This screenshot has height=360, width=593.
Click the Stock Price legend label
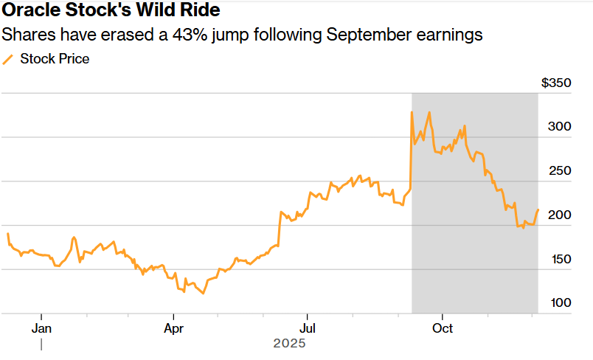click(x=55, y=59)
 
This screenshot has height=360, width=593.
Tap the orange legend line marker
click(x=8, y=59)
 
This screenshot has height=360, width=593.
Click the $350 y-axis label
click(x=556, y=83)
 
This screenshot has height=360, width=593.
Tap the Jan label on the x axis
click(x=42, y=328)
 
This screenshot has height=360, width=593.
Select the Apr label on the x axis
click(x=174, y=328)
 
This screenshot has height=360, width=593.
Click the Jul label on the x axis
click(x=308, y=328)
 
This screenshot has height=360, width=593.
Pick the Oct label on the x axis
click(x=443, y=328)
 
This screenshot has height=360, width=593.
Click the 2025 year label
click(x=289, y=344)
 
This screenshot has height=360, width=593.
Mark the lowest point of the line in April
click(x=203, y=294)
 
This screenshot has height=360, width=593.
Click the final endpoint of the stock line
click(x=538, y=210)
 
